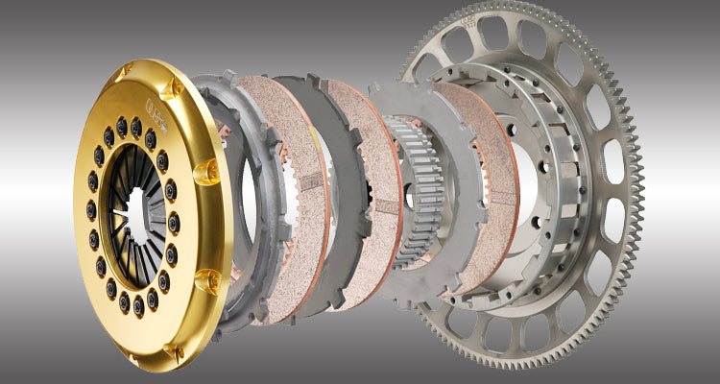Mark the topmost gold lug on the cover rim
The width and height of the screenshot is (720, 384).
tap(123, 73)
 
